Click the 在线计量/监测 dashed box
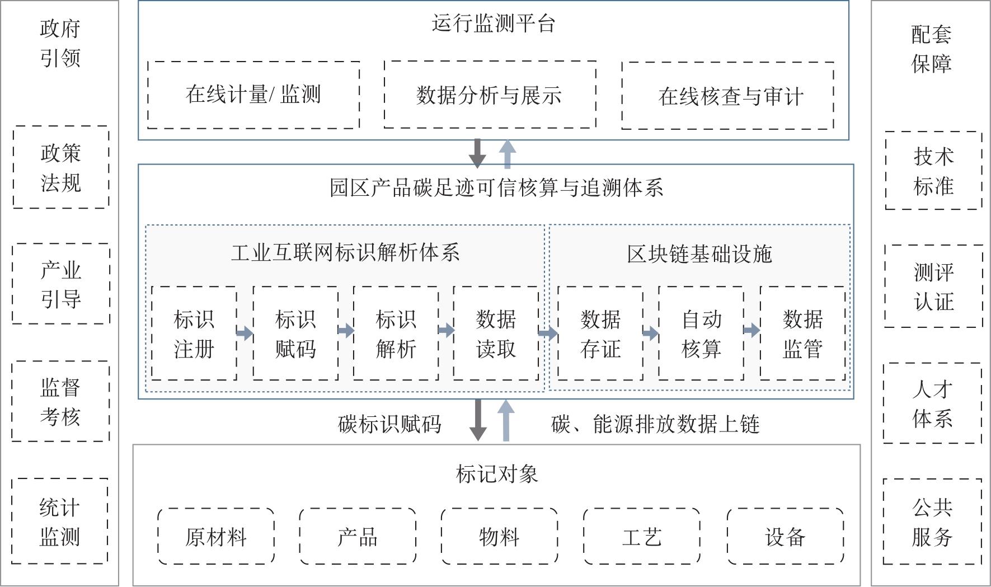[253, 95]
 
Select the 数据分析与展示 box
[490, 95]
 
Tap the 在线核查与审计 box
[727, 96]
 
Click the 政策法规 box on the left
[61, 167]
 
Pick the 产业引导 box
[61, 284]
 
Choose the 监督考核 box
[60, 401]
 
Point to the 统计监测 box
[60, 521]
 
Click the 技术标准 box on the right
[933, 171]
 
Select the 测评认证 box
[933, 286]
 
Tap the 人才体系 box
[932, 403]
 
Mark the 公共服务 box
[932, 522]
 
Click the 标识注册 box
[194, 334]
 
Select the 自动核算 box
[701, 334]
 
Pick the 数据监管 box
[802, 334]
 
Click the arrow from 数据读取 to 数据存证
[548, 334]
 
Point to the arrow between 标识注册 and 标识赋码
[245, 334]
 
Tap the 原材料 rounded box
[216, 536]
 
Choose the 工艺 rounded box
[641, 536]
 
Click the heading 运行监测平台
[493, 24]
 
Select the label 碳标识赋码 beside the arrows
[389, 424]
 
